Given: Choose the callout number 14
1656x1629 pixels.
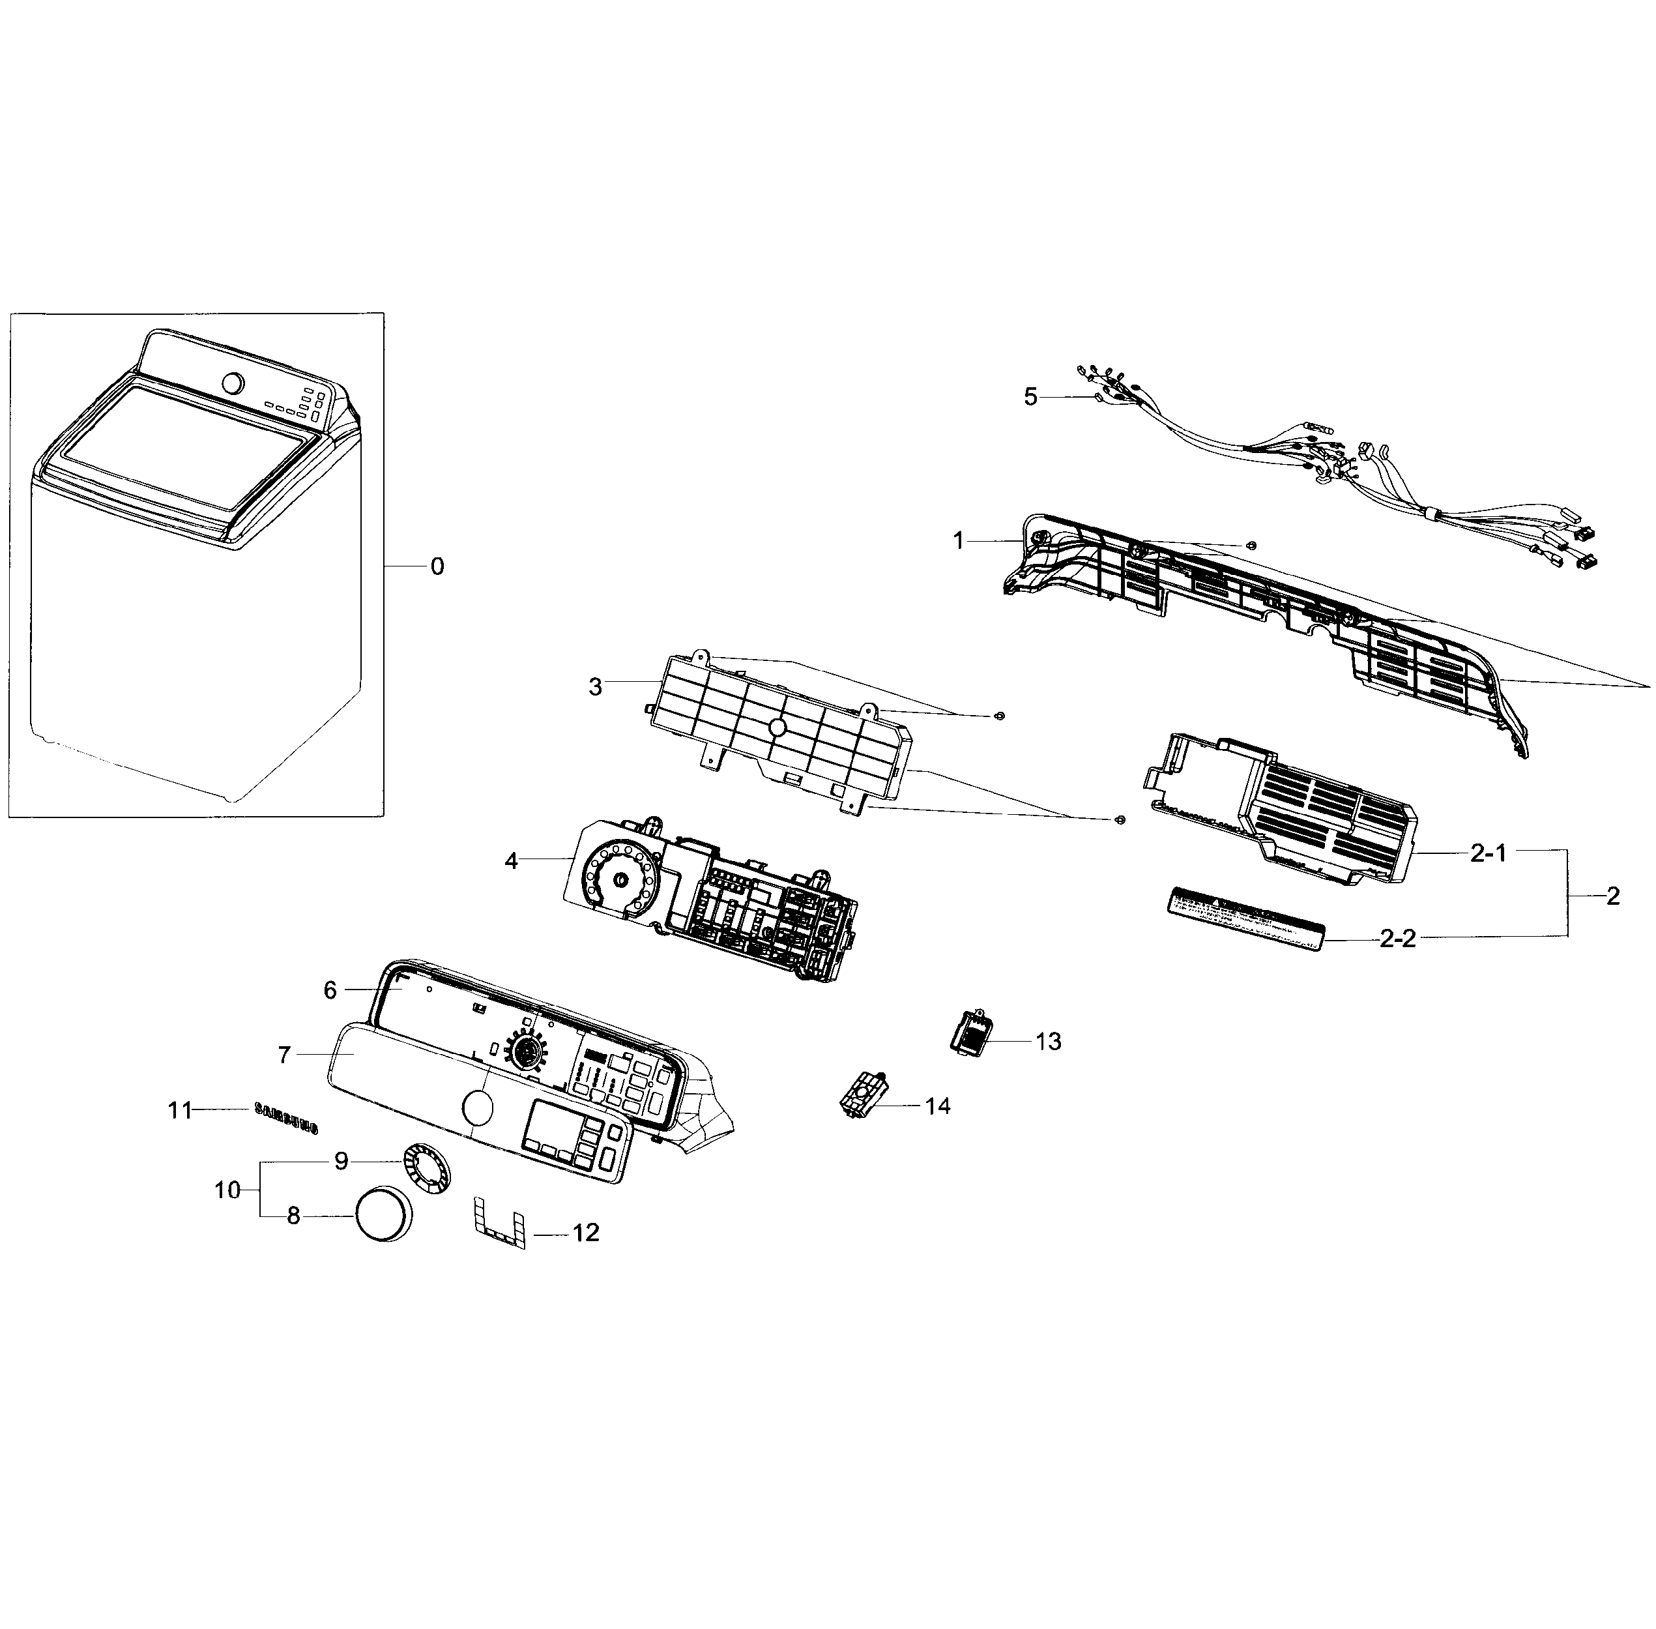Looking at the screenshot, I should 937,1106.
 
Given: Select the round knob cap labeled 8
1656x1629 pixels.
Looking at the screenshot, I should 383,1213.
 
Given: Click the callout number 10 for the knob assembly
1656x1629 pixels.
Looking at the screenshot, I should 227,1190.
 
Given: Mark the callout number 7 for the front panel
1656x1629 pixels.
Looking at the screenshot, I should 285,1055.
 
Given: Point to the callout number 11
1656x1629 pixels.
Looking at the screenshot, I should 180,1111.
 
